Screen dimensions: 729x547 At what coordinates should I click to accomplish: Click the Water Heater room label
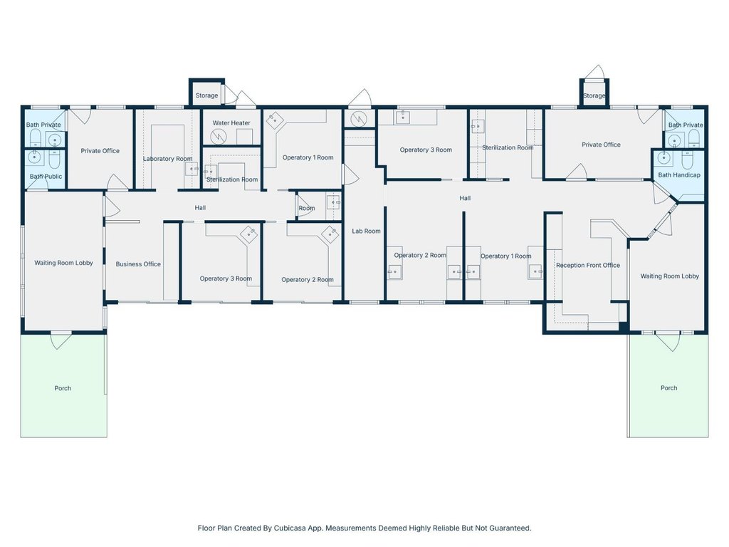[x=231, y=123]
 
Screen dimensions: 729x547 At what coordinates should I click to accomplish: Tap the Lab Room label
[x=366, y=231]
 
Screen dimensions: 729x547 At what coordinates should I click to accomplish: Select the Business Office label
[x=138, y=264]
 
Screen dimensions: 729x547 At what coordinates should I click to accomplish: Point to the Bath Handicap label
[x=678, y=175]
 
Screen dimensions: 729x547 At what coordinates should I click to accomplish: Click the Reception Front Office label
[x=587, y=265]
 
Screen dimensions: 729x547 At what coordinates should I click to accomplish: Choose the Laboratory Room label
[x=167, y=159]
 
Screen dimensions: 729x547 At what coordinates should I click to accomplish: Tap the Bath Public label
[x=46, y=177]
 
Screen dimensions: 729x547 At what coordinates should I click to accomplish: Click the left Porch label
[x=63, y=388]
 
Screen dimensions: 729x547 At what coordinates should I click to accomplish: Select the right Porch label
[x=668, y=387]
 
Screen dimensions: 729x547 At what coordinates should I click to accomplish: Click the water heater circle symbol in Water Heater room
[x=219, y=137]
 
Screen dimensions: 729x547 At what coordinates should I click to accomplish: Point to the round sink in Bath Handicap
[x=664, y=159]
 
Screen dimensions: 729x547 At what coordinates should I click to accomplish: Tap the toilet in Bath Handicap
[x=688, y=160]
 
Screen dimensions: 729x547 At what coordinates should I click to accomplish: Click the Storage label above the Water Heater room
[x=206, y=95]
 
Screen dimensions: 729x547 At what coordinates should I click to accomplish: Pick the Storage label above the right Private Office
[x=594, y=95]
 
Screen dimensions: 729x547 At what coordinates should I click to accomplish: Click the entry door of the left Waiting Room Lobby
[x=61, y=340]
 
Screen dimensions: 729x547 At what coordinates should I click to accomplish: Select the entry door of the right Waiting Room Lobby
[x=668, y=341]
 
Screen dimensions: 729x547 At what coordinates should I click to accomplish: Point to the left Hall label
[x=200, y=207]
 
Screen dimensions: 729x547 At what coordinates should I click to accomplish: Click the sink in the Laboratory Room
[x=192, y=168]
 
